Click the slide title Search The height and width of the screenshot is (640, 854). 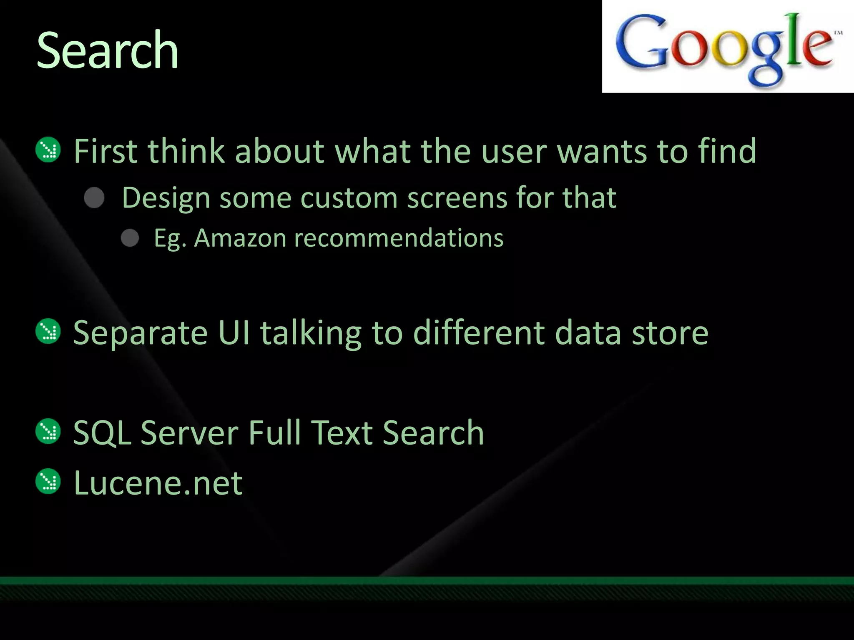(108, 51)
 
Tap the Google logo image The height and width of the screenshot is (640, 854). (728, 47)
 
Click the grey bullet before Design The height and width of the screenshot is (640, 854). (94, 197)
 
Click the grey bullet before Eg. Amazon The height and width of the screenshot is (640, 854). (130, 238)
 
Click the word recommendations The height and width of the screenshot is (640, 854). (399, 238)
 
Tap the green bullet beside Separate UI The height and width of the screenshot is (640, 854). (48, 332)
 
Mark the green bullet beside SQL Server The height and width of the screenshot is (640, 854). (48, 432)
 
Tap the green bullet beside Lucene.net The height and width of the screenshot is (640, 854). (48, 482)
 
